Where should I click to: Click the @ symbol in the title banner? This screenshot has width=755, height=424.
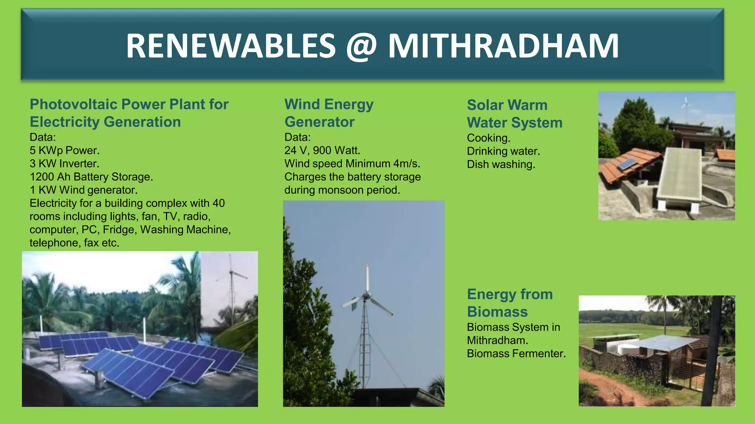pos(361,46)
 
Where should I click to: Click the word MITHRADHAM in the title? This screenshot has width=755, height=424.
pos(503,46)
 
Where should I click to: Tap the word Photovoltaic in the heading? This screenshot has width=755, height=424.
pos(73,105)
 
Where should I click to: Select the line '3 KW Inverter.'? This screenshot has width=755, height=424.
pos(65,163)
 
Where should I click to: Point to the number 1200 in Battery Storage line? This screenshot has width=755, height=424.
pos(42,177)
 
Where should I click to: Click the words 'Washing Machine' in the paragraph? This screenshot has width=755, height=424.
pos(185,230)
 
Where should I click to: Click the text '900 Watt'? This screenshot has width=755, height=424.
pos(336,151)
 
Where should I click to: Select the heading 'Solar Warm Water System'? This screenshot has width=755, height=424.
pos(514,114)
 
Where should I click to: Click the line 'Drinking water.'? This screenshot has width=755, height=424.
pos(503,151)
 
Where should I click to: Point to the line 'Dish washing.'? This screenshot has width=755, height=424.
pos(501,164)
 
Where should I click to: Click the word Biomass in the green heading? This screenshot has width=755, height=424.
pos(497,312)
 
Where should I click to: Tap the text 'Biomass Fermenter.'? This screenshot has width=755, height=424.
pos(516,353)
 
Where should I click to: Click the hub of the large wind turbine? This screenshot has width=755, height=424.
pos(366,295)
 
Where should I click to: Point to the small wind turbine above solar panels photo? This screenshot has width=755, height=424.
pos(232,273)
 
